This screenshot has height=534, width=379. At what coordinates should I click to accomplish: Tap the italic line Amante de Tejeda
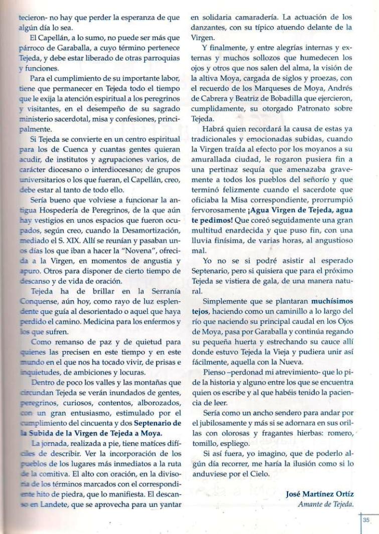point(326,504)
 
